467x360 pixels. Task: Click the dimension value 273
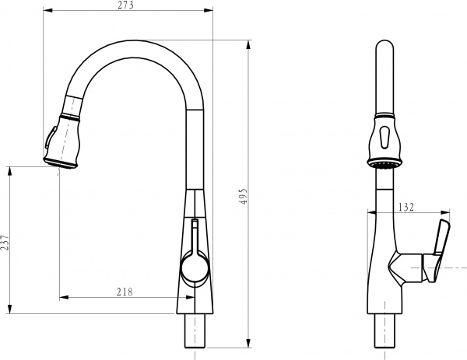click(126, 5)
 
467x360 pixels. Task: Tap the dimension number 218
click(125, 292)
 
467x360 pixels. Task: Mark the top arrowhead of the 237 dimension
click(11, 170)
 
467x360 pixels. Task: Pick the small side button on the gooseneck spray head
click(49, 139)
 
